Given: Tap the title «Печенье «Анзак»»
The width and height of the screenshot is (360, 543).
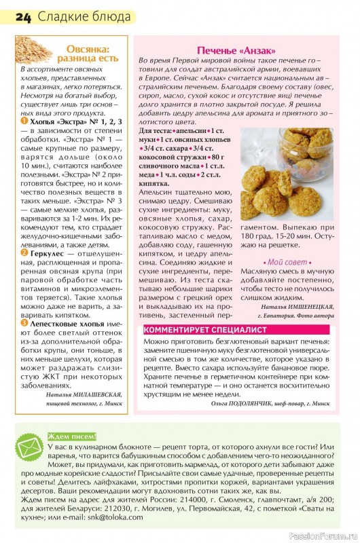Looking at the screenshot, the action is pos(236,51).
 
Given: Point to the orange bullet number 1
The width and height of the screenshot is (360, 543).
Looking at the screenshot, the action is pos(24,121).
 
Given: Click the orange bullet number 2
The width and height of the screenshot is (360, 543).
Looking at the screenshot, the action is pos(24,252).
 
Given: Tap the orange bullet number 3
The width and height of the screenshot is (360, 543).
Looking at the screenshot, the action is pos(24,324).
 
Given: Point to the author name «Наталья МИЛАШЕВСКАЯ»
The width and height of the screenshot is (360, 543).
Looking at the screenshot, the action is pos(84,394).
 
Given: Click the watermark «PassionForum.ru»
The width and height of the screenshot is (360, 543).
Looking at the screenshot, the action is pos(323,536).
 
